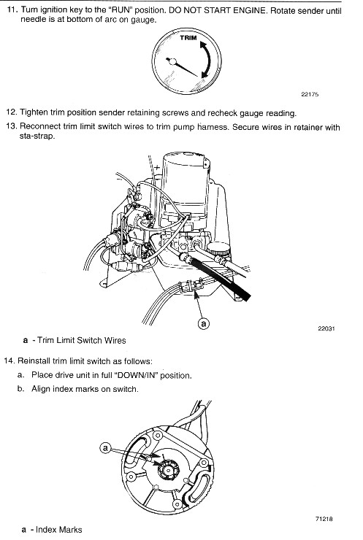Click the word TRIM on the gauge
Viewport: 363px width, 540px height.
tap(188, 38)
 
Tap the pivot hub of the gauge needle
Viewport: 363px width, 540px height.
tap(172, 62)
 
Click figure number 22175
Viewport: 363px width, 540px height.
tap(310, 94)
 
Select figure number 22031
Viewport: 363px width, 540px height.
tap(326, 328)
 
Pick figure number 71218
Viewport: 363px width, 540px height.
tap(324, 519)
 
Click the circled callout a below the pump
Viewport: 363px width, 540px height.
tap(204, 324)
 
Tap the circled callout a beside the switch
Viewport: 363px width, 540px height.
tap(105, 448)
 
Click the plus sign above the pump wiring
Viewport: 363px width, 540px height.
tap(157, 168)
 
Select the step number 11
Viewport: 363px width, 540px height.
tap(12, 9)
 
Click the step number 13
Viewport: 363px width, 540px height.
tap(11, 126)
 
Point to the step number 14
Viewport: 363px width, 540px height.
tap(9, 361)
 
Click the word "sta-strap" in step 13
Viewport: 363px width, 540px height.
tap(37, 136)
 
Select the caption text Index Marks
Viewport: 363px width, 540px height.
tap(59, 529)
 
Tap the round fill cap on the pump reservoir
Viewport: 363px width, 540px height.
tap(220, 249)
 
